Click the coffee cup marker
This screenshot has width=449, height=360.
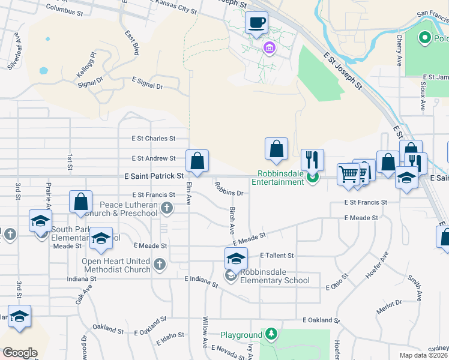click(x=257, y=23)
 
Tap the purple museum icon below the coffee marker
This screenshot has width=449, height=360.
click(x=268, y=48)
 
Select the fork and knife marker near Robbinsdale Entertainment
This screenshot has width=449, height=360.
click(x=312, y=160)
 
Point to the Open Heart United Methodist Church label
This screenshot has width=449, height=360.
click(x=117, y=265)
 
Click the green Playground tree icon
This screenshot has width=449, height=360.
click(x=272, y=334)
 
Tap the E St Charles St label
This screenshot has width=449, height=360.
click(x=154, y=138)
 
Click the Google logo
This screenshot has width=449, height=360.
click(x=20, y=353)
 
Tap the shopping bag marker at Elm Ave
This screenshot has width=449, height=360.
click(x=197, y=160)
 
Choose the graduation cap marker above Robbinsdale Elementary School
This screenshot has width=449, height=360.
click(x=236, y=259)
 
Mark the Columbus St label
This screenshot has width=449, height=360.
click(x=64, y=10)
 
